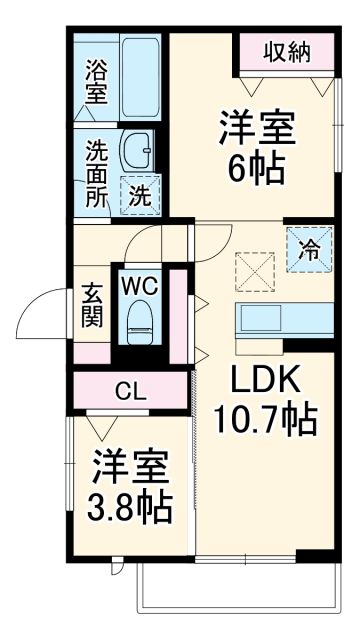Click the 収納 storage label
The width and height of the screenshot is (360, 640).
point(285,52)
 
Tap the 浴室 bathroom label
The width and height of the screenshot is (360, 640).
point(95,81)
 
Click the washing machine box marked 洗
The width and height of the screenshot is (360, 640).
point(141,195)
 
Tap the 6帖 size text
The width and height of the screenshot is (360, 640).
point(256,165)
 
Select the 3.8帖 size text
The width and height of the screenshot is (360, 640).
point(128,507)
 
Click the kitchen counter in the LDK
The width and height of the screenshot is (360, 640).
point(284,320)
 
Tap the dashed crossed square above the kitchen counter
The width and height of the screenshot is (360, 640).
point(253,267)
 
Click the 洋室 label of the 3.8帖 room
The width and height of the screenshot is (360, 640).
point(128,467)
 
